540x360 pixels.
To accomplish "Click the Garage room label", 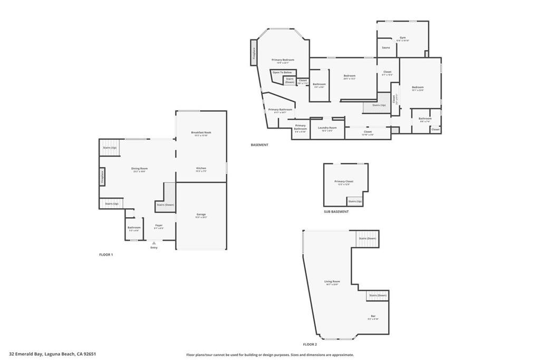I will (201, 215).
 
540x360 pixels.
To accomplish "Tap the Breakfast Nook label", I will (201, 133).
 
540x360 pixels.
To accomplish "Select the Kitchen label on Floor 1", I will (201, 168).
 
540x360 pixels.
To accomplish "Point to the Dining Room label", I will (140, 169).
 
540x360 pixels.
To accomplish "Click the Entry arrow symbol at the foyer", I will (154, 243).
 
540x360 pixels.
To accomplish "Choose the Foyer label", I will (159, 226).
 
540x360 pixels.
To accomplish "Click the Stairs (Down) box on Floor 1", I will (165, 205).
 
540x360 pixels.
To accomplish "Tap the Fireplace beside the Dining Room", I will (102, 178).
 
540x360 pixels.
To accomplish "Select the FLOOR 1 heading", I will (106, 255).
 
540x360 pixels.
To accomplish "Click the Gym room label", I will (403, 38).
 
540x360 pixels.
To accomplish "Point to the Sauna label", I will (386, 48).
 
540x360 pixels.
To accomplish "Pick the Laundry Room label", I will (327, 128).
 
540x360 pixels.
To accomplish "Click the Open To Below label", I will (282, 72).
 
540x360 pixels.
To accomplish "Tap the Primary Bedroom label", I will (283, 60).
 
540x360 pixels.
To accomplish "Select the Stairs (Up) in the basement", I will (379, 105).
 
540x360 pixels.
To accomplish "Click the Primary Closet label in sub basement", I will (344, 181).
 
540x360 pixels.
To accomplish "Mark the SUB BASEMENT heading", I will (336, 212).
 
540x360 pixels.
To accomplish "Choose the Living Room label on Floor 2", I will (332, 281).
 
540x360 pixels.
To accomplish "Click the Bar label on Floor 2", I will (373, 316).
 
